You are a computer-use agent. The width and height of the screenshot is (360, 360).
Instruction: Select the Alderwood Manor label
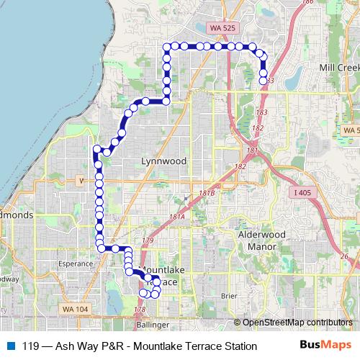[263, 240]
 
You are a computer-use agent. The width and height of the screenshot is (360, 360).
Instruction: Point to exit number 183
[261, 113]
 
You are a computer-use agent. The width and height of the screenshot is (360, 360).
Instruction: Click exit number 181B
[207, 194]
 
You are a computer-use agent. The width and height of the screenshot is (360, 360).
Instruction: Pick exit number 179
[148, 240]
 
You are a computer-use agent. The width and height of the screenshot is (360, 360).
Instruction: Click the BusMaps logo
[325, 345]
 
